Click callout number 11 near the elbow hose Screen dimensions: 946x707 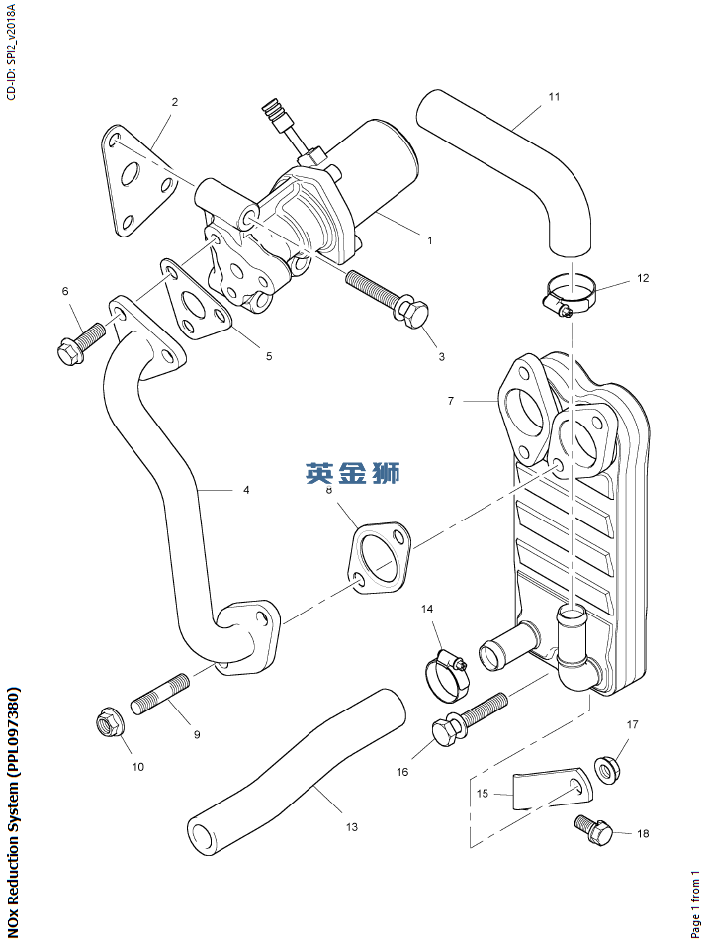(x=554, y=97)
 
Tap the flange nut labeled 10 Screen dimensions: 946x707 (x=109, y=725)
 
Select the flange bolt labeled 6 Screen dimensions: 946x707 (x=80, y=341)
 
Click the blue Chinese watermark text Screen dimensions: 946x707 (x=353, y=474)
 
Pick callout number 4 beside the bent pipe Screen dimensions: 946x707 (x=246, y=490)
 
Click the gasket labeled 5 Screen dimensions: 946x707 (x=197, y=302)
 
